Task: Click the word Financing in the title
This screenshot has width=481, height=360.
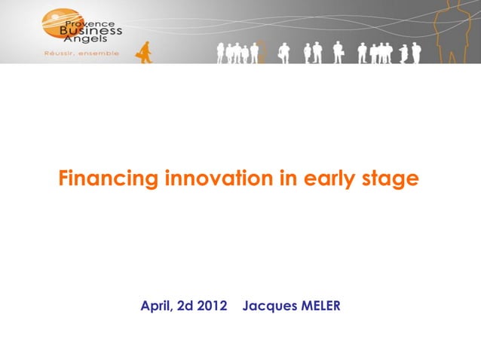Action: point(109,179)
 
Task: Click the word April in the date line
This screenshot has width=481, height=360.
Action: point(155,307)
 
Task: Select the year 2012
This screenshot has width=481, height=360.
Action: point(212,307)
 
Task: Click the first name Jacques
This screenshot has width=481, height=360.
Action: point(270,307)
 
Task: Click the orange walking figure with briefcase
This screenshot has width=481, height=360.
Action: point(142,52)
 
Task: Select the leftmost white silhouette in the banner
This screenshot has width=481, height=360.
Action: point(220,53)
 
